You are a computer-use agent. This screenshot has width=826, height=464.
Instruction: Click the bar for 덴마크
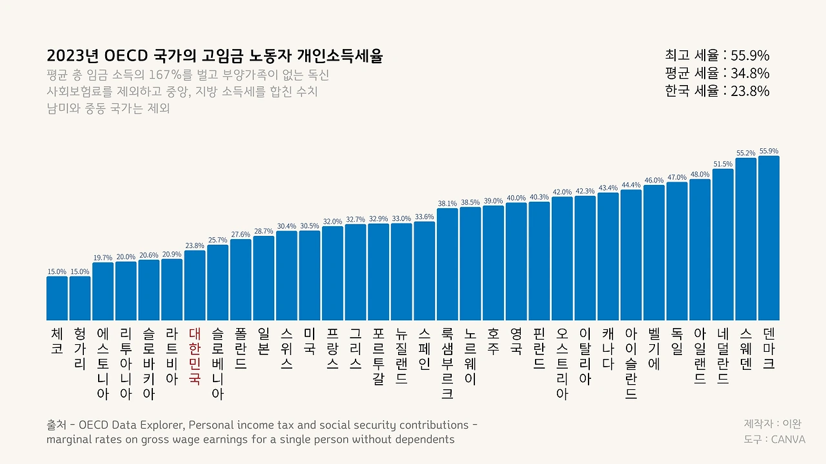pos(769,238)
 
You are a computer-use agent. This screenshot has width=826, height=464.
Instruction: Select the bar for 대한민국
pos(195,285)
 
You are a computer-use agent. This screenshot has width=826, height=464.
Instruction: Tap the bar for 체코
pos(57,298)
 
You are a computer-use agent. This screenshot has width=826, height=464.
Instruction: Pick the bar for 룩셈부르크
pos(447,264)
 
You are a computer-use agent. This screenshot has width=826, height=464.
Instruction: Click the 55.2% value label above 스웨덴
pos(745,153)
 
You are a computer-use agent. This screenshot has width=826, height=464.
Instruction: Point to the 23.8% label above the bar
pos(195,246)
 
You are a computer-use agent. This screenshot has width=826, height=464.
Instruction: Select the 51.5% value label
pos(723,164)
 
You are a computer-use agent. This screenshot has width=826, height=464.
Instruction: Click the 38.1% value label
pos(447,204)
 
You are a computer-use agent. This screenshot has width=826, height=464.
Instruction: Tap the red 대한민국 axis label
pos(195,356)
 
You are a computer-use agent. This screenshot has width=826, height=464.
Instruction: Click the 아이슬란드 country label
pos(631,363)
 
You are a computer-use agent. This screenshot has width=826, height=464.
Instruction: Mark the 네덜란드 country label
pos(723,356)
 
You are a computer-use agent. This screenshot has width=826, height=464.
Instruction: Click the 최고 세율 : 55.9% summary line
pos(717,55)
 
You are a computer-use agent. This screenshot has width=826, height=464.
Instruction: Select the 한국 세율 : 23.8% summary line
pos(717,91)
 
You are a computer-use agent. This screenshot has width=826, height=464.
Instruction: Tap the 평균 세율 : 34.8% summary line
pos(717,73)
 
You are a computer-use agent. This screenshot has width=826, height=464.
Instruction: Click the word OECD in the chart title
pos(126,56)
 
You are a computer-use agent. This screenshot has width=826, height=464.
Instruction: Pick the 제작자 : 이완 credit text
pos(772,424)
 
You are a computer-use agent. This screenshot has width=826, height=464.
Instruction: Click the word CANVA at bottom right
pos(789,440)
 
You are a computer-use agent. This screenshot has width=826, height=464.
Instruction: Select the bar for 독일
pos(677,251)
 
